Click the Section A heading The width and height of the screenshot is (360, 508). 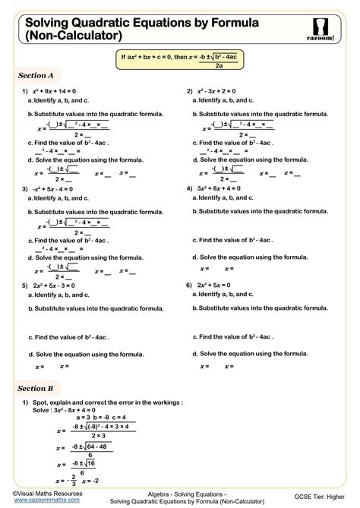pos(36,75)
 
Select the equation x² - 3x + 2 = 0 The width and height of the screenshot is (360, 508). pos(221,90)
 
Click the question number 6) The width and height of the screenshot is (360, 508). pos(189,286)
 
